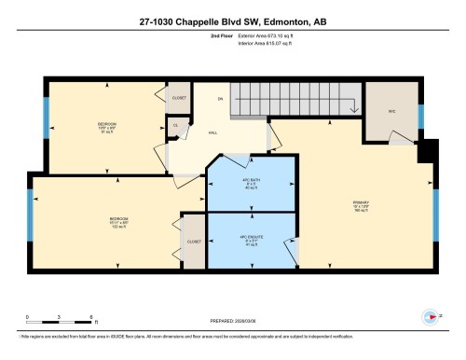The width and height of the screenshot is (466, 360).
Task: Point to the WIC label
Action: [392, 111]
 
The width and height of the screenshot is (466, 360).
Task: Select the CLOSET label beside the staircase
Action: [180, 97]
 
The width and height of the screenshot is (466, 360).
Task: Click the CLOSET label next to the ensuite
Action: [195, 241]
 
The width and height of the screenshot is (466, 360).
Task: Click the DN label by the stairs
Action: [221, 98]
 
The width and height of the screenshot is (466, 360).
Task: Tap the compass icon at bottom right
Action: [430, 317]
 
